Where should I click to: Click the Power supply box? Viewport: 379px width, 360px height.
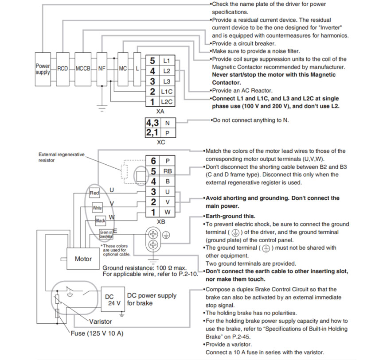[43, 69]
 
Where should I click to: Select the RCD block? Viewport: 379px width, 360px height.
[62, 69]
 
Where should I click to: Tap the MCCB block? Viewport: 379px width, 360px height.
[83, 69]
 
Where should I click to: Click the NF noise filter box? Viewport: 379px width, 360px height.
[102, 69]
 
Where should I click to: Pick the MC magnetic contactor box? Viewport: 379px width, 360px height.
[123, 69]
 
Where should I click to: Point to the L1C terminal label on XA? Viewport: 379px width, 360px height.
[167, 92]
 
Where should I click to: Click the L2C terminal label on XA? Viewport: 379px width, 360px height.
[167, 102]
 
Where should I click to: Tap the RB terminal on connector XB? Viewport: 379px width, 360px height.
[167, 171]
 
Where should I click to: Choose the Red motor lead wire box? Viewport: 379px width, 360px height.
[94, 193]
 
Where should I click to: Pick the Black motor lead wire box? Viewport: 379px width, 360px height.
[100, 220]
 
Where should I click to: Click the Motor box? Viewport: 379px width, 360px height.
[83, 259]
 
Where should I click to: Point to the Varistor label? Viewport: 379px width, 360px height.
[100, 321]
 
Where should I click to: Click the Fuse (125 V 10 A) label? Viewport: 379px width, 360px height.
[97, 333]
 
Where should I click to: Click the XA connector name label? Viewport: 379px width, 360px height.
[160, 112]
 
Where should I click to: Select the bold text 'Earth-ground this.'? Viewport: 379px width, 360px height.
[230, 216]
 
